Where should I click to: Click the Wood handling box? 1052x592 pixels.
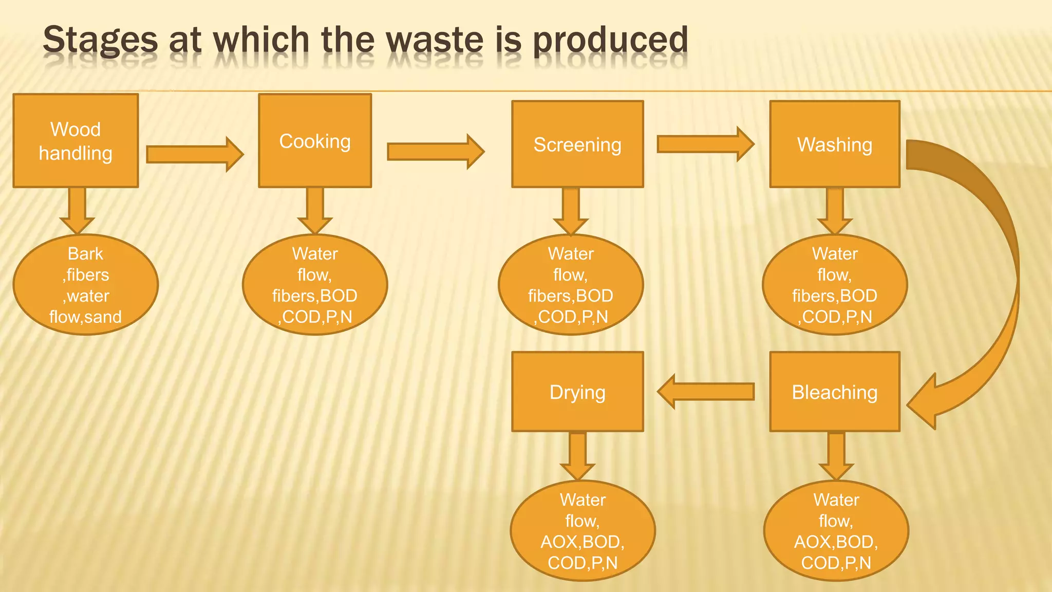[x=76, y=140]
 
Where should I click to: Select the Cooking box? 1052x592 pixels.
[x=315, y=140]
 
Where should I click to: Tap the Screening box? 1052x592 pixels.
[x=577, y=144]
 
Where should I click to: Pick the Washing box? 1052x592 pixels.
[x=835, y=144]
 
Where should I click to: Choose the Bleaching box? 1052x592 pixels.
[x=835, y=392]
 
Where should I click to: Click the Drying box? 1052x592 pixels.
[x=577, y=392]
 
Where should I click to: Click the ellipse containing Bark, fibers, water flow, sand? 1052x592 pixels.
[x=86, y=285]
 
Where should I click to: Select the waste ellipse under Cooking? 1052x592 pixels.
[x=315, y=285]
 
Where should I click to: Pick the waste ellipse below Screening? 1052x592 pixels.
[x=571, y=285]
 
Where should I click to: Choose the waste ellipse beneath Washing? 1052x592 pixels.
[x=835, y=285]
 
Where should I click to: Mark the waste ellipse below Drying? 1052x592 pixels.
[x=583, y=531]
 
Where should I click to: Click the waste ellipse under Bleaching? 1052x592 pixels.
[x=836, y=531]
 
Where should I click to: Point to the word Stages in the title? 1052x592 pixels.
[x=101, y=40]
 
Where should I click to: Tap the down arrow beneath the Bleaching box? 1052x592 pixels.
[x=836, y=455]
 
